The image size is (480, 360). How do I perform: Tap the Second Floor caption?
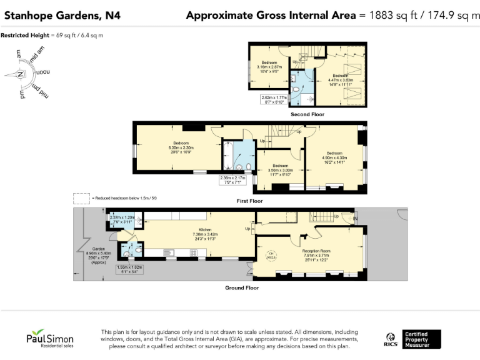click(x=306, y=115)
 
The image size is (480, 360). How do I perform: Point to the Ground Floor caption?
click(x=242, y=287)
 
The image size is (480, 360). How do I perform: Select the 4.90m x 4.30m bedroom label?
click(x=334, y=157)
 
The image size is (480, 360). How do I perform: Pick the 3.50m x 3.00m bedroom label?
click(x=281, y=169)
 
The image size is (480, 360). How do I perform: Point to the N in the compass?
click(x=21, y=74)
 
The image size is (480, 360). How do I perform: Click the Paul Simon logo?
click(x=49, y=340)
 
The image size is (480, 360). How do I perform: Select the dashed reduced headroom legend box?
click(x=81, y=198)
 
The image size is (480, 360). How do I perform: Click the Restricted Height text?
click(x=52, y=35)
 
